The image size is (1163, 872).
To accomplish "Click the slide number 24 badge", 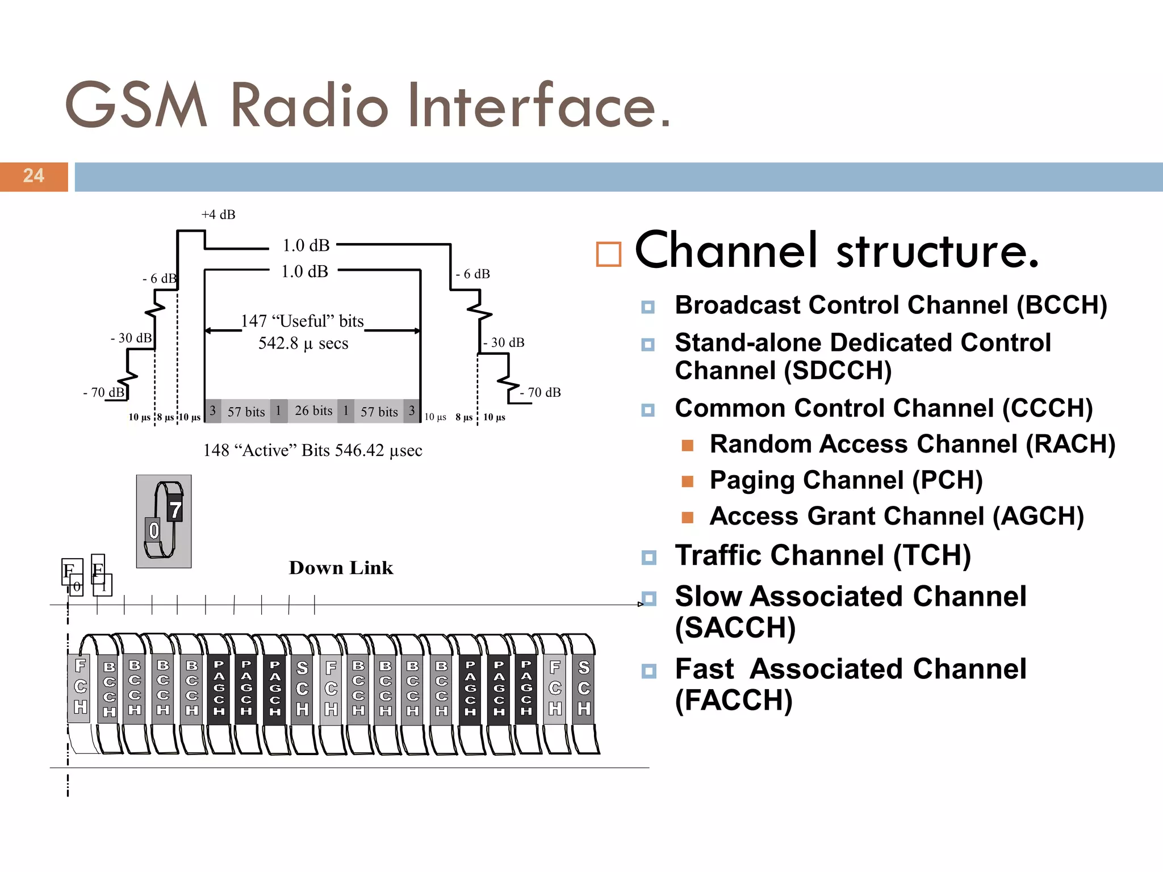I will tap(34, 176).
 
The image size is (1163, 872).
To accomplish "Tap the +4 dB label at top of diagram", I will tap(218, 215).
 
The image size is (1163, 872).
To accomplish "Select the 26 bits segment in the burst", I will tap(313, 410).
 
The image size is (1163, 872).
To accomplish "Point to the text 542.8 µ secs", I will tap(303, 343).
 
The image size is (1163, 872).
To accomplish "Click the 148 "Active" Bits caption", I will tap(312, 450).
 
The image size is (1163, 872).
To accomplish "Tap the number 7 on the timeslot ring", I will tap(175, 509).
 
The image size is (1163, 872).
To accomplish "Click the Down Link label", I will tap(341, 568).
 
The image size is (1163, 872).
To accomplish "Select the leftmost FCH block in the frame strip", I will tap(80, 687).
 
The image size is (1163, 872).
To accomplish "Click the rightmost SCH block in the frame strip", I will tap(584, 688).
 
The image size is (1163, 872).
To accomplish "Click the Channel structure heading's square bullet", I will tap(608, 254).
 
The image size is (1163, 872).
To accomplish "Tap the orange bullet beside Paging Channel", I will tap(687, 481).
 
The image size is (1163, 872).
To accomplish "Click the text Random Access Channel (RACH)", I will tap(912, 444).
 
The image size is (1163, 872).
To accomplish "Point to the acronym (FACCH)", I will tap(733, 700).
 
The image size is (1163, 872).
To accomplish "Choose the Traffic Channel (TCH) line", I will tap(822, 555).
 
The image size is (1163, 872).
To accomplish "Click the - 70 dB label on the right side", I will tap(541, 392).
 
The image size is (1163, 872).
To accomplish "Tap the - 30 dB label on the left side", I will tap(131, 338).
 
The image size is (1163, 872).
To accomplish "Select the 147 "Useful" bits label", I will tap(302, 321).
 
